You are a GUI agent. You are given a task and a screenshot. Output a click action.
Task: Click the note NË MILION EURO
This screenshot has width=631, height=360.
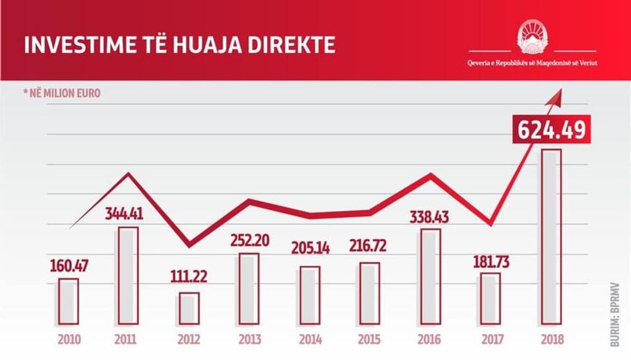click(62, 93)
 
